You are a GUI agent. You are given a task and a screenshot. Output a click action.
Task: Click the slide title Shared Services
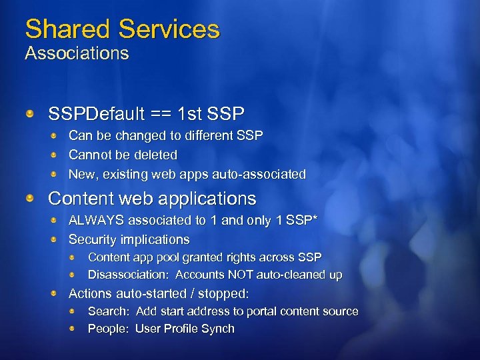point(122,29)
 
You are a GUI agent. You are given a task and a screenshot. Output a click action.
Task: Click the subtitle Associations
point(77,53)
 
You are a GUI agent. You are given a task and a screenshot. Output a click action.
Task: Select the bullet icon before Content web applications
point(30,199)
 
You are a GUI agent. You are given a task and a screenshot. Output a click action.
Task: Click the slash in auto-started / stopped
point(191,293)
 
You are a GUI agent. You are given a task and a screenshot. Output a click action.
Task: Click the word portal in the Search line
point(245,311)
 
